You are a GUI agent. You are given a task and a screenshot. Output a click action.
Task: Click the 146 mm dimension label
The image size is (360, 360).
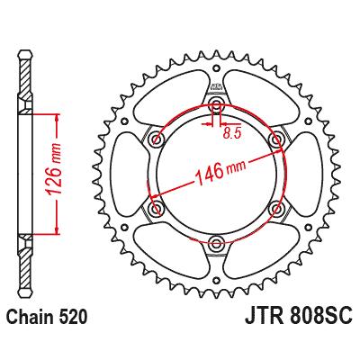(220, 172)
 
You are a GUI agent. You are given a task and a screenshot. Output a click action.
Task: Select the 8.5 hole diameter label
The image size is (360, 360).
(232, 133)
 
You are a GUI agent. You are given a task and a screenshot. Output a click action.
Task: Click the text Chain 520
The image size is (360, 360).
(47, 317)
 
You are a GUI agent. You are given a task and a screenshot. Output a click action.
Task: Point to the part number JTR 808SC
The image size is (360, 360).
(298, 317)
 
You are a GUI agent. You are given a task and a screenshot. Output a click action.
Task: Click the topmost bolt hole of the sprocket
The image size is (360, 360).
(217, 104)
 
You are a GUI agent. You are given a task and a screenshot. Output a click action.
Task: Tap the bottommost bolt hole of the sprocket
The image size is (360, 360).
(216, 241)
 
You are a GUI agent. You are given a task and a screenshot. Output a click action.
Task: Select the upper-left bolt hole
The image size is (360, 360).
(157, 139)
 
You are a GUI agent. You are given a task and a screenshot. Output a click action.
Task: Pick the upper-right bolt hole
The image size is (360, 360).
(275, 139)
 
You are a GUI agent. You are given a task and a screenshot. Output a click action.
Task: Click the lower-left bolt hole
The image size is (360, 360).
(157, 208)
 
